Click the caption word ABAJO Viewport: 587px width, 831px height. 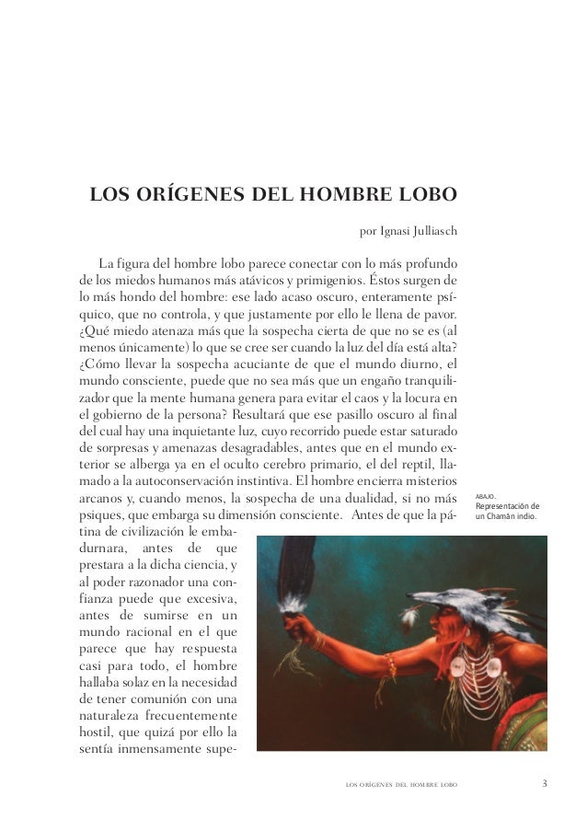click(486, 495)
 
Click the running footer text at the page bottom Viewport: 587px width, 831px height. click(400, 785)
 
